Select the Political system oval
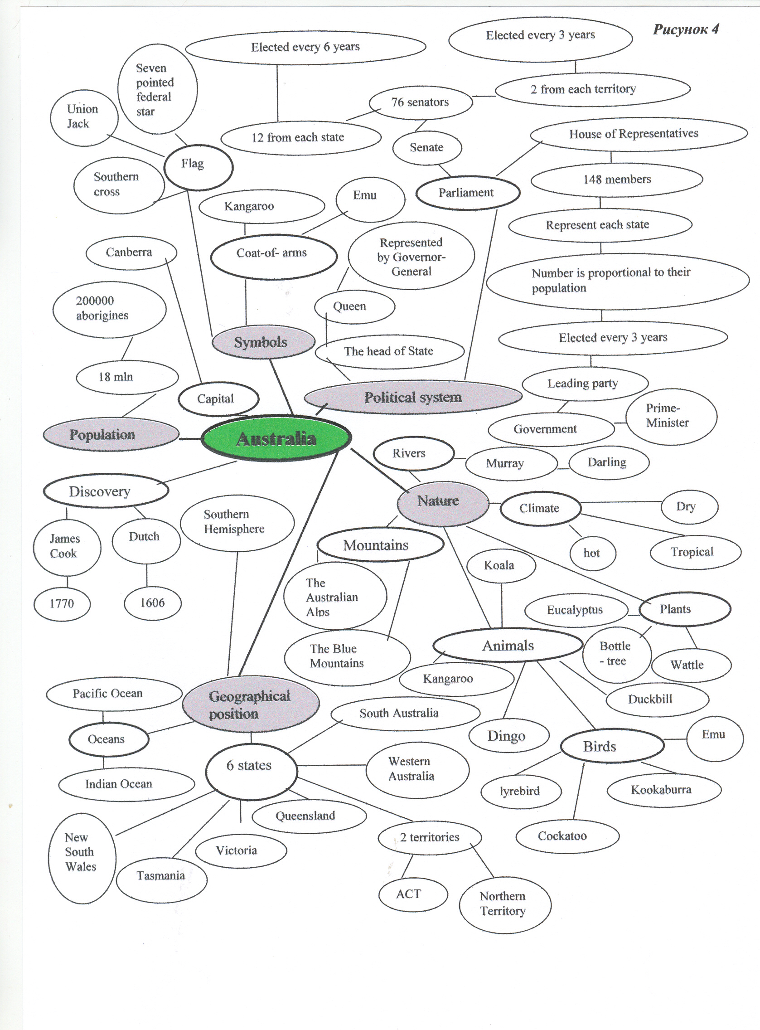click(413, 397)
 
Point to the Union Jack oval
click(83, 117)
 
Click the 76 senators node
click(420, 102)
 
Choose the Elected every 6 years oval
click(305, 47)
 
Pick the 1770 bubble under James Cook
click(62, 603)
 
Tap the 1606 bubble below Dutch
click(152, 602)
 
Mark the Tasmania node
click(161, 875)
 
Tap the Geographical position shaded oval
click(250, 704)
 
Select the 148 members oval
click(616, 180)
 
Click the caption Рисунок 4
click(686, 30)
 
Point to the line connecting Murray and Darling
click(563, 468)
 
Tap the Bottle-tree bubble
click(616, 654)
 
